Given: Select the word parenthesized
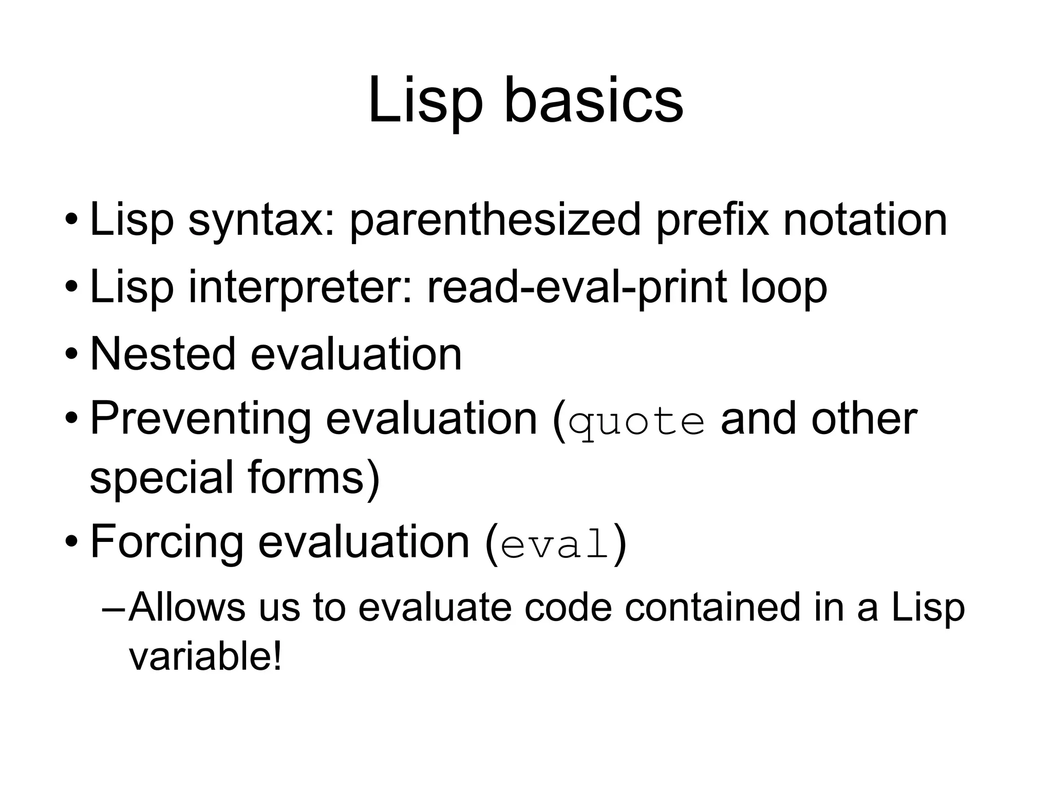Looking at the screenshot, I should tap(495, 220).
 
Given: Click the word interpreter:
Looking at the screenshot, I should tap(300, 288).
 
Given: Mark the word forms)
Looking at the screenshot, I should tap(313, 478).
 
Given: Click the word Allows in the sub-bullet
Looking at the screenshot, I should tap(187, 607).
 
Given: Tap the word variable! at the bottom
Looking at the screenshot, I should tap(205, 657).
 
